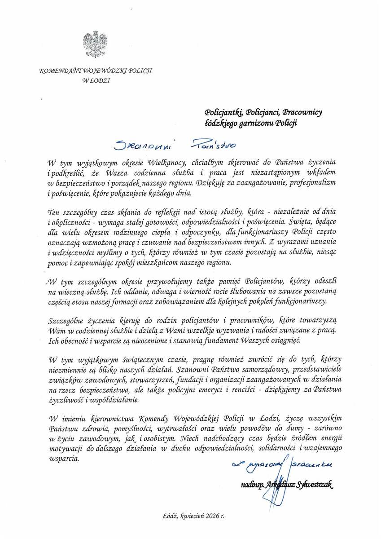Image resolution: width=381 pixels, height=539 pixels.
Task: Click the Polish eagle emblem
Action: coord(95,44)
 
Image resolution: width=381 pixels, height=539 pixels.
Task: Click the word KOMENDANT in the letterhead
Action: coord(56,71)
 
